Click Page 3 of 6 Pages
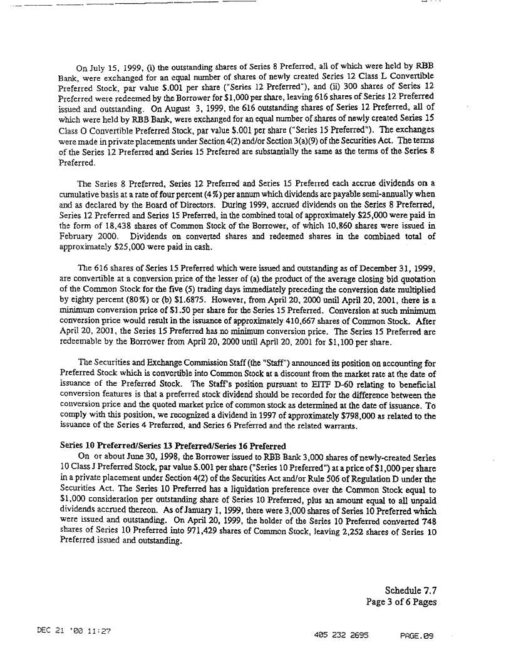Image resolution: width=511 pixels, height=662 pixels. coord(401,602)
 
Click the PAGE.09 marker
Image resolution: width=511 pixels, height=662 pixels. coord(416,634)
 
